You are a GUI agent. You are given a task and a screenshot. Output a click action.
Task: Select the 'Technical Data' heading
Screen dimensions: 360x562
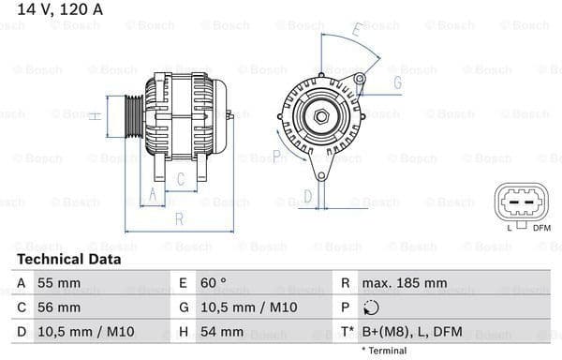click(68, 259)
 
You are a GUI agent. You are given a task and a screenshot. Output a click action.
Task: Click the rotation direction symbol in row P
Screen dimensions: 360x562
click(372, 307)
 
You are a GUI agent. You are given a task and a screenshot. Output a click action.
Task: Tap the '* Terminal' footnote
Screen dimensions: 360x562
click(384, 351)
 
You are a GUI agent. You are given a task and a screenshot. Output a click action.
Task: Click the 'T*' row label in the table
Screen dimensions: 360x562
click(347, 332)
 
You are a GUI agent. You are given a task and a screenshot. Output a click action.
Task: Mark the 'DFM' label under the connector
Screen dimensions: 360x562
click(541, 228)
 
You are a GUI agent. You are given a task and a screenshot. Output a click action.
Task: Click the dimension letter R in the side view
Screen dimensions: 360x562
click(179, 220)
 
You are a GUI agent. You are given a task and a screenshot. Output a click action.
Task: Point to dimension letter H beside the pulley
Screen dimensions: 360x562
click(95, 116)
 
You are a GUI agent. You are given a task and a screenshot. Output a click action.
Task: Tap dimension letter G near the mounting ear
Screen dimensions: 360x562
click(397, 83)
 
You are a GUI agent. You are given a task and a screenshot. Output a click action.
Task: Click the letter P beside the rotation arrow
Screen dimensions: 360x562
click(276, 155)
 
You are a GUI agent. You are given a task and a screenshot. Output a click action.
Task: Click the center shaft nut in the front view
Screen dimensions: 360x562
click(321, 116)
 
